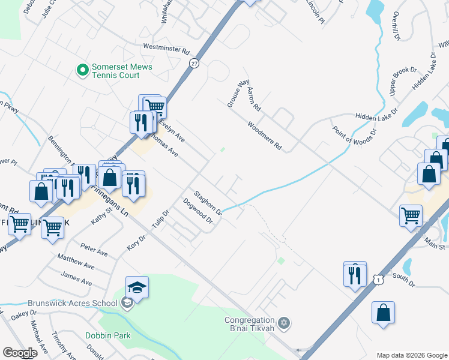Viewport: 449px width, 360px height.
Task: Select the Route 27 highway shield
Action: [x=193, y=63]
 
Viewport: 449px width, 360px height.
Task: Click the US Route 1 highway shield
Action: [x=378, y=279]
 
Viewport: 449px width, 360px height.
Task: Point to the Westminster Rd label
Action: [x=166, y=47]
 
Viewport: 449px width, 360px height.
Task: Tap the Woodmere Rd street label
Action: [x=264, y=135]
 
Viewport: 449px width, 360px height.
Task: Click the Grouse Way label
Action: [x=237, y=94]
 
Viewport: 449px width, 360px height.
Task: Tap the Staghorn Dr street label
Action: [x=208, y=203]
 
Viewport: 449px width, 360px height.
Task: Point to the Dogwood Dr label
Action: [x=199, y=211]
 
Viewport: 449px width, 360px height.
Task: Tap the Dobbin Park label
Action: [x=107, y=336]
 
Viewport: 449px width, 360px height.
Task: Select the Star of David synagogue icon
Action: [x=285, y=324]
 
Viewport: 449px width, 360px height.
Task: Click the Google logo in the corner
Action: [x=20, y=353]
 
